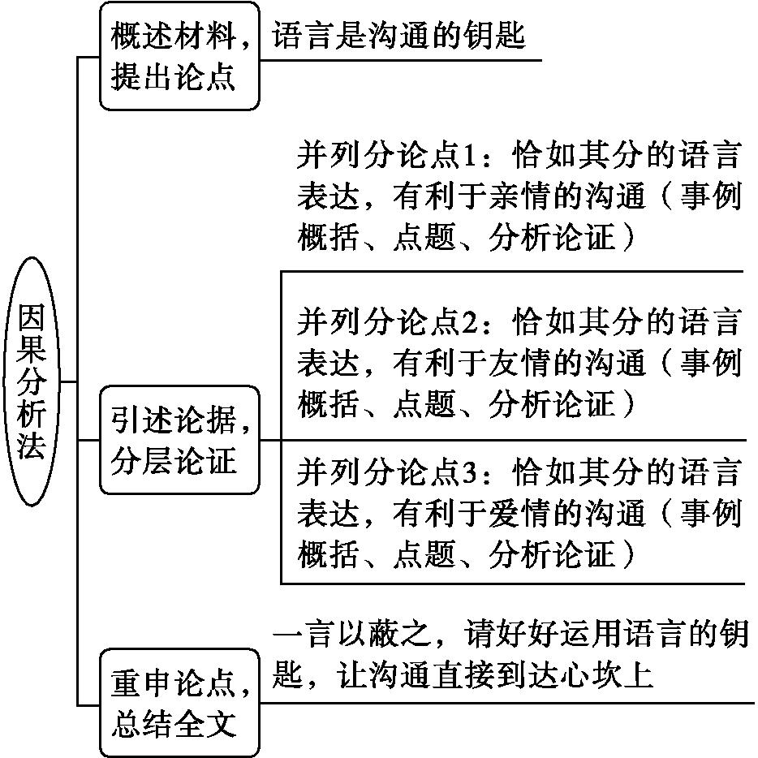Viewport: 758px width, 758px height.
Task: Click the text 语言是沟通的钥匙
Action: [398, 35]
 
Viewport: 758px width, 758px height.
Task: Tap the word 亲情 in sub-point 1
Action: [520, 196]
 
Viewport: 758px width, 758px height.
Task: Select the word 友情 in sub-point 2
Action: [520, 363]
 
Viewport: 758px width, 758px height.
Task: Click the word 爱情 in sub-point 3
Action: [520, 513]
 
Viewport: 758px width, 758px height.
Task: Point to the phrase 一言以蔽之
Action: [351, 633]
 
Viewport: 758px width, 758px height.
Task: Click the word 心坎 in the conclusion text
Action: [590, 674]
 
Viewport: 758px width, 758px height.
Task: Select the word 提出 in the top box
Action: [142, 77]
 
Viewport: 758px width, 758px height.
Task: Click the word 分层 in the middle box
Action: [142, 461]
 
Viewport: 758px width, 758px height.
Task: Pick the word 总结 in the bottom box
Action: [142, 724]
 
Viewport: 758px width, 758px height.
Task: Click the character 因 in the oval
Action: [32, 317]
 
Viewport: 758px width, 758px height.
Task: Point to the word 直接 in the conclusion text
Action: [462, 674]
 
